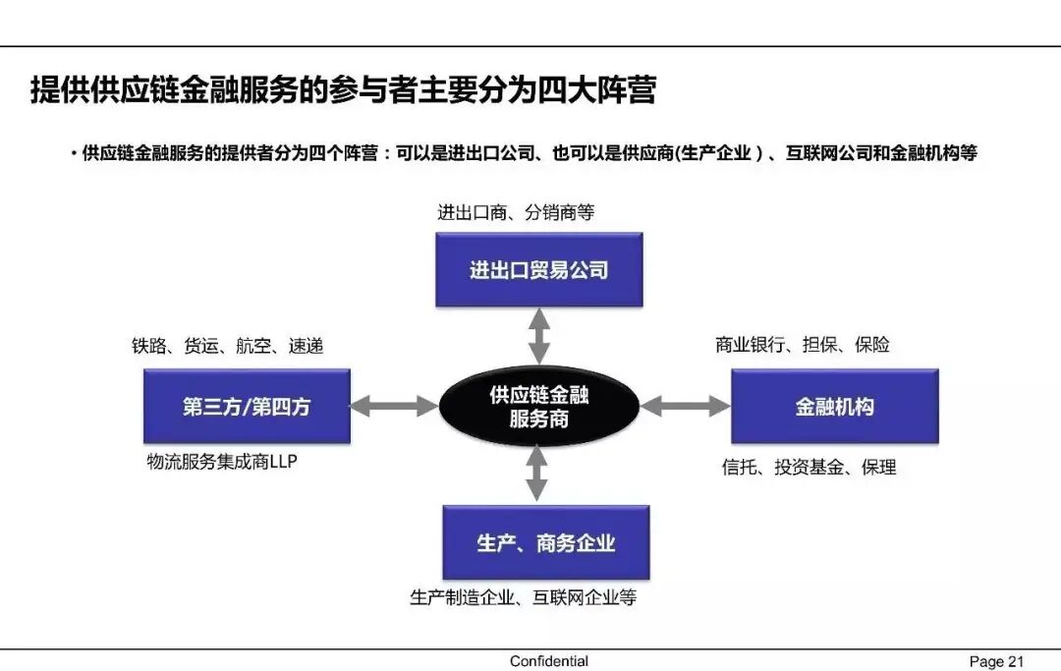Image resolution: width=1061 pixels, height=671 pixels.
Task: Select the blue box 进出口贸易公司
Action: tap(538, 269)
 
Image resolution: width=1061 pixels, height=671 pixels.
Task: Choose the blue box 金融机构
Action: tap(834, 406)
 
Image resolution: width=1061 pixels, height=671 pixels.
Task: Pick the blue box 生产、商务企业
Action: tap(545, 542)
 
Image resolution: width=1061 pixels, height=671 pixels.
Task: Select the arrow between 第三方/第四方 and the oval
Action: tap(394, 406)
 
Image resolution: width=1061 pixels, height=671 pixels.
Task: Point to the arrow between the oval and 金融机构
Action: tap(686, 406)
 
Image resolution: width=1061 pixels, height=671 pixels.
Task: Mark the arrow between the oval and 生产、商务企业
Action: tap(536, 475)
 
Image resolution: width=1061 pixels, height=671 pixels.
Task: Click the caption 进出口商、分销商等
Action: tap(516, 211)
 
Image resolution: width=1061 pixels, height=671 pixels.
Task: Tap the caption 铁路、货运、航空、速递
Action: tap(227, 346)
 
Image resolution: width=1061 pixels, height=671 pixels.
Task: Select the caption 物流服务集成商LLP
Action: tap(221, 461)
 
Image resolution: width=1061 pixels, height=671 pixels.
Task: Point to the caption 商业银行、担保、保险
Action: tap(803, 345)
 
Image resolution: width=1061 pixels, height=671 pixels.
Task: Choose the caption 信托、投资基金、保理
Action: tap(809, 468)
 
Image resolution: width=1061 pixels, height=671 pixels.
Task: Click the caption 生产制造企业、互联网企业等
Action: tap(523, 596)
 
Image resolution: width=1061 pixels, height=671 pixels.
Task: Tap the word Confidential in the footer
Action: tap(548, 661)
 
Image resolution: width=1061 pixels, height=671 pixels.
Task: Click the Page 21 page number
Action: tap(996, 661)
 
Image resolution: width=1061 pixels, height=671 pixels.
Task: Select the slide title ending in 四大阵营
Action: tap(343, 91)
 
